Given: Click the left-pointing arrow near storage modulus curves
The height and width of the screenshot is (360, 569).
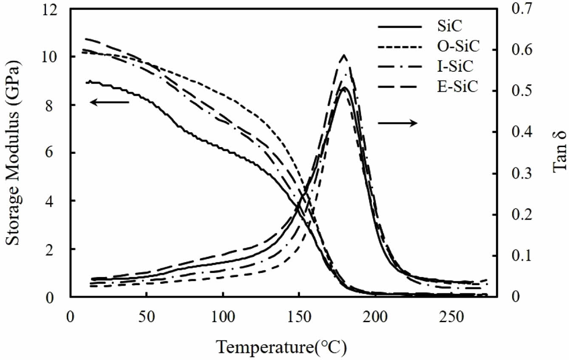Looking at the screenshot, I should [109, 102].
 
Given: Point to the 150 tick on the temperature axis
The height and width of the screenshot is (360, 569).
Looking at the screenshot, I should [299, 317].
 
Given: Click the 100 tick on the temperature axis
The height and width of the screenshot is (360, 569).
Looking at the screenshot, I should [223, 317].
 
